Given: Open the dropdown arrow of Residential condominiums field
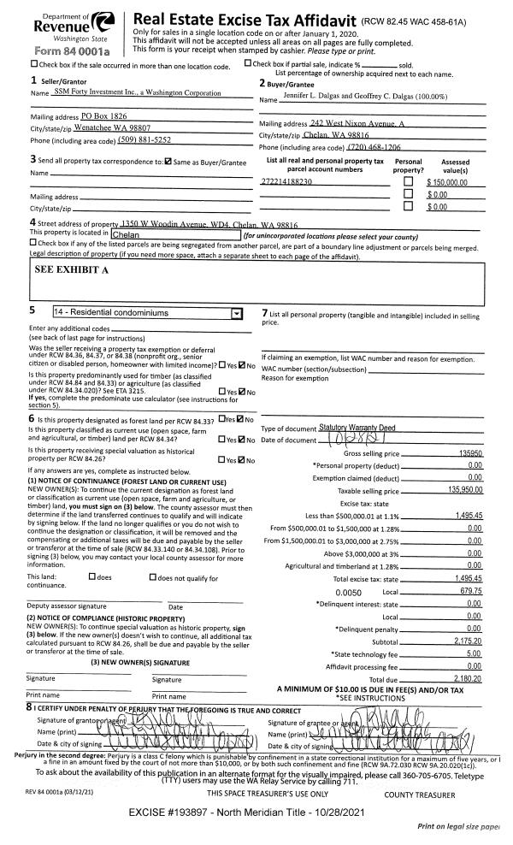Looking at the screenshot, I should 236,314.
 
